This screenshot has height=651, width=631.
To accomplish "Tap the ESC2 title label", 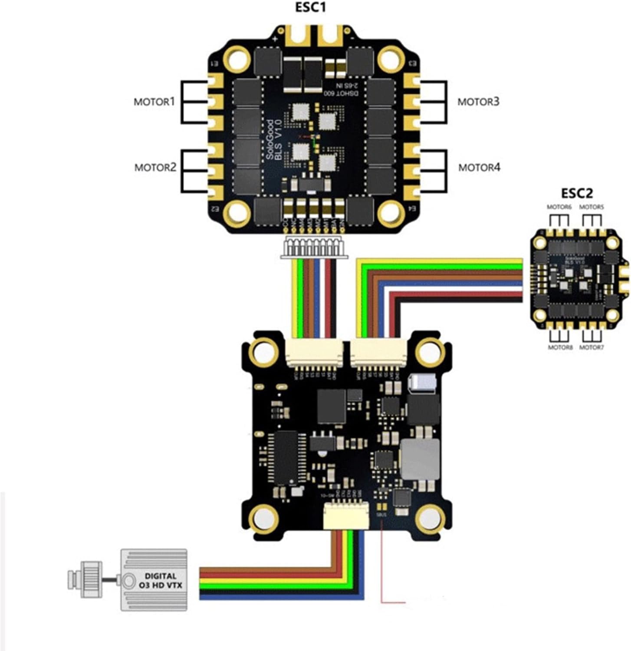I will [577, 193].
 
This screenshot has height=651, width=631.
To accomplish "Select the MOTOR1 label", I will [154, 102].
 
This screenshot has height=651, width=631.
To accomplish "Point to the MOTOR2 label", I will [155, 167].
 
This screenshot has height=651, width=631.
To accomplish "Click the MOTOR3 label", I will [478, 102].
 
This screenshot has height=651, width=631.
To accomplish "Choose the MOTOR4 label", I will [479, 167].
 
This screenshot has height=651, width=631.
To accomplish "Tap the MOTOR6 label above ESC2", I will [559, 207].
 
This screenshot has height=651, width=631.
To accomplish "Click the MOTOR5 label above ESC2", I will [592, 207].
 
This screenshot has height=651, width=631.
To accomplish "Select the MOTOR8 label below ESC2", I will [560, 347].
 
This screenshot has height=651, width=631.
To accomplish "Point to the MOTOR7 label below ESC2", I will [592, 347].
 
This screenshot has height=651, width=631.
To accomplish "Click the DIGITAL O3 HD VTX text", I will [161, 581].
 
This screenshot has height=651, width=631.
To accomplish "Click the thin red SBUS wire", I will [381, 565].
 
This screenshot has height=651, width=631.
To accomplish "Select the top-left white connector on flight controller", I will [314, 352].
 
